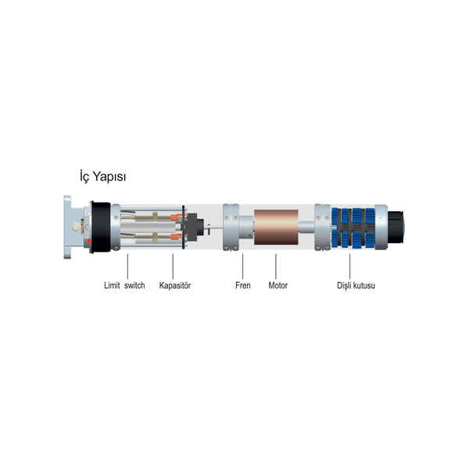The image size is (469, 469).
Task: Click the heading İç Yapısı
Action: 102,176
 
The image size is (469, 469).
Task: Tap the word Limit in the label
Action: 112,285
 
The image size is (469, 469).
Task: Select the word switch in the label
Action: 134,285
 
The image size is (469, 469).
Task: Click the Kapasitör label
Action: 175,285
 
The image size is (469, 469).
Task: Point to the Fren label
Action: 243,285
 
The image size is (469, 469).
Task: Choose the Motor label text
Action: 277,285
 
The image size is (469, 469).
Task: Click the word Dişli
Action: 343,285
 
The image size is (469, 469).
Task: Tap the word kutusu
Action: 363,285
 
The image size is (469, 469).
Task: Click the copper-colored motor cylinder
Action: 276,227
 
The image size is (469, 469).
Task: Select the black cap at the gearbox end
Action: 396,227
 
